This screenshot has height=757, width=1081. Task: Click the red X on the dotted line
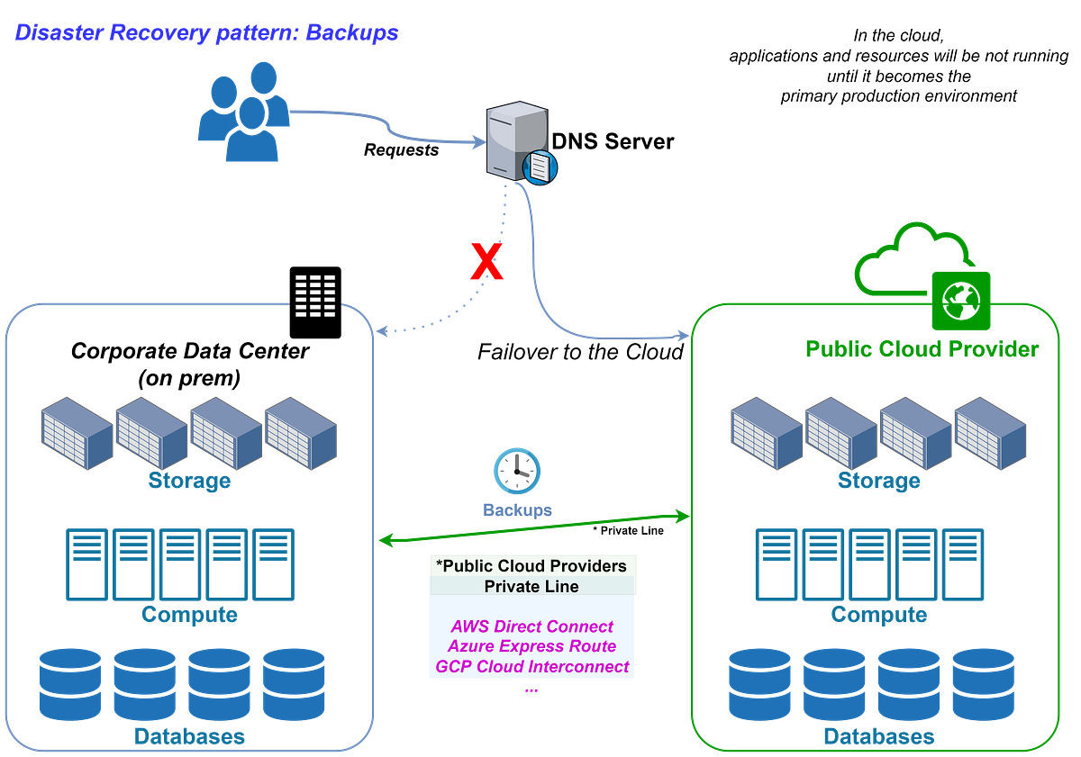(x=486, y=261)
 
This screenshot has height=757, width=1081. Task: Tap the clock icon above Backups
(x=517, y=471)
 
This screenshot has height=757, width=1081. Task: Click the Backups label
(x=517, y=510)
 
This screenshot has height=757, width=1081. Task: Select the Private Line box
(x=531, y=586)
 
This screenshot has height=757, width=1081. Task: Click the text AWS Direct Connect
(x=531, y=626)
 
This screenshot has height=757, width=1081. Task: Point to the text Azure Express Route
(x=531, y=646)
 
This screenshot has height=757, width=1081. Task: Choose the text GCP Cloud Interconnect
(x=531, y=667)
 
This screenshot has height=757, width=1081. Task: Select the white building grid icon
(x=315, y=296)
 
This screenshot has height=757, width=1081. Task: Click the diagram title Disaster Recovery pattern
(x=206, y=34)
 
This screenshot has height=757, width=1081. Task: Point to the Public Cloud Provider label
(x=921, y=348)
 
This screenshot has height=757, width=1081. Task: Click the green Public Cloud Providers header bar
(x=531, y=565)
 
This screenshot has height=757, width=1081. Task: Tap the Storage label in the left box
(x=189, y=482)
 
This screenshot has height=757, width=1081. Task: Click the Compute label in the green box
(x=877, y=615)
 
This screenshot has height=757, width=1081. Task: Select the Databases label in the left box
(x=189, y=736)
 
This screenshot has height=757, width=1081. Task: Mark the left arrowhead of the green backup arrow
(x=382, y=541)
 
